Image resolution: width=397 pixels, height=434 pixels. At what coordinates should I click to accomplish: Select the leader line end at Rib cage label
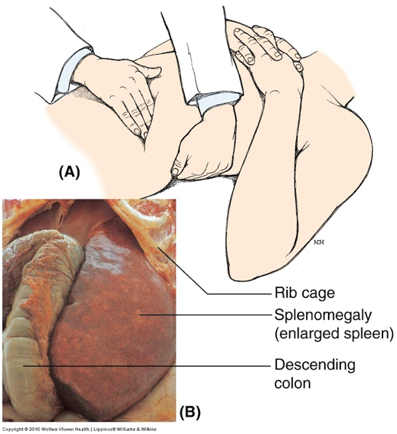click(x=208, y=294)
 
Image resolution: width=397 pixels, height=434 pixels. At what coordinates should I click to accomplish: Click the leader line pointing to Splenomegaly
click(x=206, y=314)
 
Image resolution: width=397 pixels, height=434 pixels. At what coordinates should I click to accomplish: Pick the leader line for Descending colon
click(x=154, y=366)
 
